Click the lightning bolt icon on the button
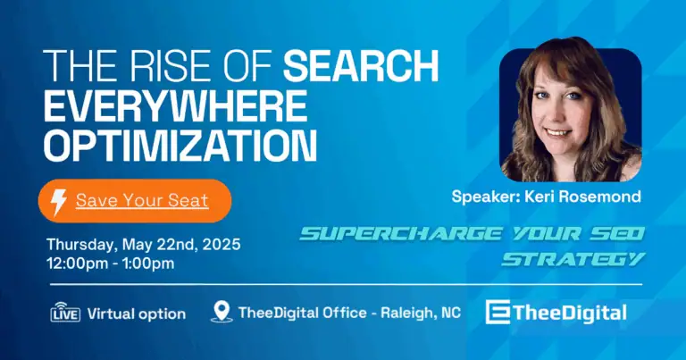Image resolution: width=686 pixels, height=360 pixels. (x=59, y=201)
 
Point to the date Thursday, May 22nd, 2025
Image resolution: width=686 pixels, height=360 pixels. (x=143, y=244)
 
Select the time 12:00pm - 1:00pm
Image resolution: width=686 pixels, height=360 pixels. (x=111, y=263)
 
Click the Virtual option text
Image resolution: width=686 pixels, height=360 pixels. (x=137, y=314)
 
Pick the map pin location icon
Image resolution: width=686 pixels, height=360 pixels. (x=221, y=313)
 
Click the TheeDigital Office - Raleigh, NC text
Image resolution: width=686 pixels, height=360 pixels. (x=350, y=314)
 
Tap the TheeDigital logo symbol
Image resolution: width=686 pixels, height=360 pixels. (x=498, y=313)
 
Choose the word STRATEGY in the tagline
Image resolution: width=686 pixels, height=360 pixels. (x=573, y=259)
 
